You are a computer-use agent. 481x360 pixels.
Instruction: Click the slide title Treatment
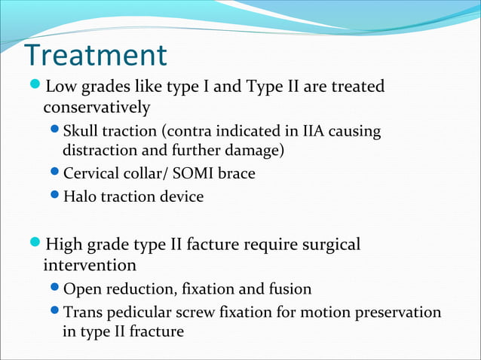pos(96,55)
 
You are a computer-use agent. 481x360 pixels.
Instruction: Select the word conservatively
pos(97,108)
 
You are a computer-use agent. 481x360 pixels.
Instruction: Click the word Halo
pos(80,197)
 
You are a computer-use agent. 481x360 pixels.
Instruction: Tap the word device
pos(181,197)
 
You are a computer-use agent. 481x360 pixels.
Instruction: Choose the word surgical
pos(327,245)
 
